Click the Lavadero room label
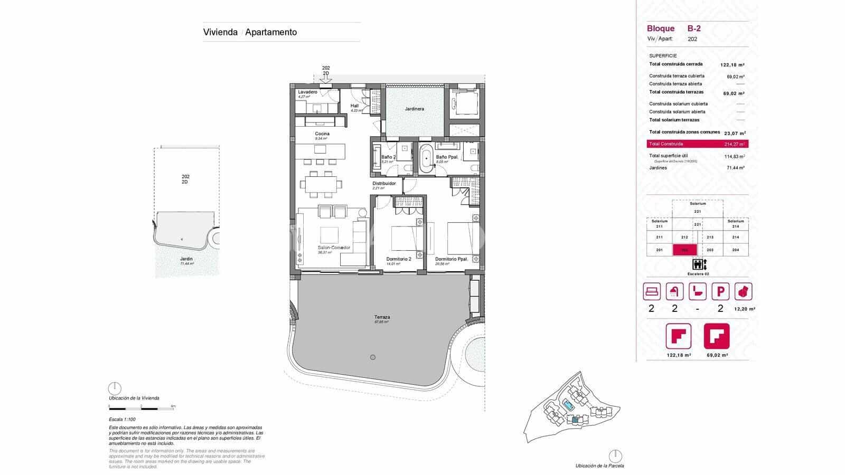(307, 92)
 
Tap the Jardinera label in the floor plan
(415, 109)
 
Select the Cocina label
(322, 134)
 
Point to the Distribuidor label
(384, 184)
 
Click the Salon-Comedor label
(334, 248)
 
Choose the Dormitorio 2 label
(399, 259)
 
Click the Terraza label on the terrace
(382, 318)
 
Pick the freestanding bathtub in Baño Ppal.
(426, 159)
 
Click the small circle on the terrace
(373, 357)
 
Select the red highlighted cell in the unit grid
(685, 250)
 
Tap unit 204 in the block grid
(736, 250)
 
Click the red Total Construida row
(697, 144)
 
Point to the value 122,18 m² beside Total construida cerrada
(732, 65)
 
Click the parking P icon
(720, 291)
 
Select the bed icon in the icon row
(652, 291)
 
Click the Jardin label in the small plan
(186, 259)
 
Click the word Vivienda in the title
(220, 32)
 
